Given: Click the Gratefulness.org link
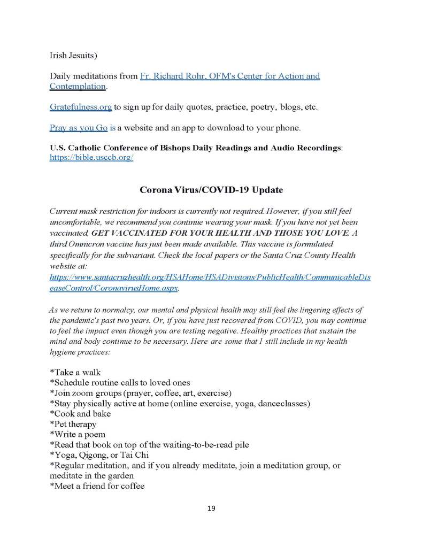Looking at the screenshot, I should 81,107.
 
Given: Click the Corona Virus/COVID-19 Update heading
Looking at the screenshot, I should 211,190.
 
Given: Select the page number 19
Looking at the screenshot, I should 211,508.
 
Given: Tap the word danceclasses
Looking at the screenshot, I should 282,404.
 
